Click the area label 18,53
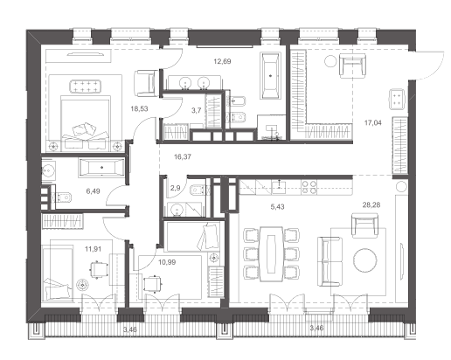pos(139,109)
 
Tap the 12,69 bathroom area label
pos(222,61)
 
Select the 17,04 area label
pos(373,123)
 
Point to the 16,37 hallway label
pos(183,156)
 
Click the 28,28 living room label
pos(371,205)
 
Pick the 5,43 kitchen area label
pos(277,207)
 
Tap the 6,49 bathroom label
pos(93,191)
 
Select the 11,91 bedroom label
pos(94,249)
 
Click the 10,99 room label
pos(167,262)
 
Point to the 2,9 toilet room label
pos(175,188)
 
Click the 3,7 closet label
pos(196,111)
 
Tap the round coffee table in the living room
pos(365,260)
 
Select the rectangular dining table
pos(271,254)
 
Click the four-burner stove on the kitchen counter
pos(309,187)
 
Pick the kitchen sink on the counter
pos(279,187)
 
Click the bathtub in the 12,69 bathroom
pos(271,76)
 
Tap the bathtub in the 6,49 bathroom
pos(101,168)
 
